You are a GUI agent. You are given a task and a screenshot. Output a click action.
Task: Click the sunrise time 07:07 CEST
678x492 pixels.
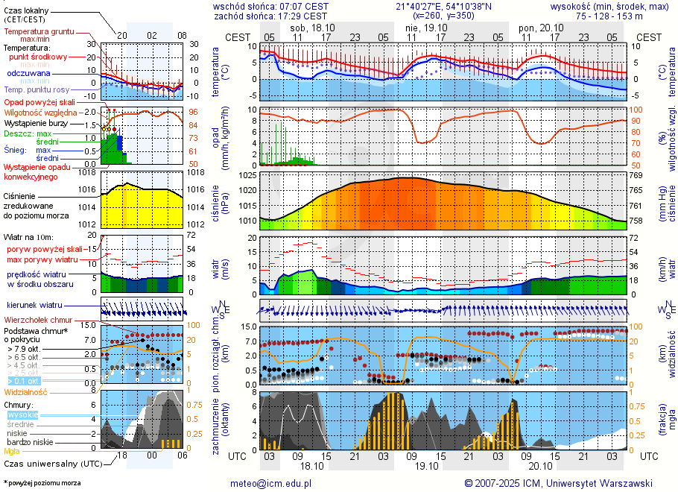coord(303,6)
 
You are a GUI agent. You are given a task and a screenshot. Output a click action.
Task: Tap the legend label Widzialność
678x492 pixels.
coord(26,391)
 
